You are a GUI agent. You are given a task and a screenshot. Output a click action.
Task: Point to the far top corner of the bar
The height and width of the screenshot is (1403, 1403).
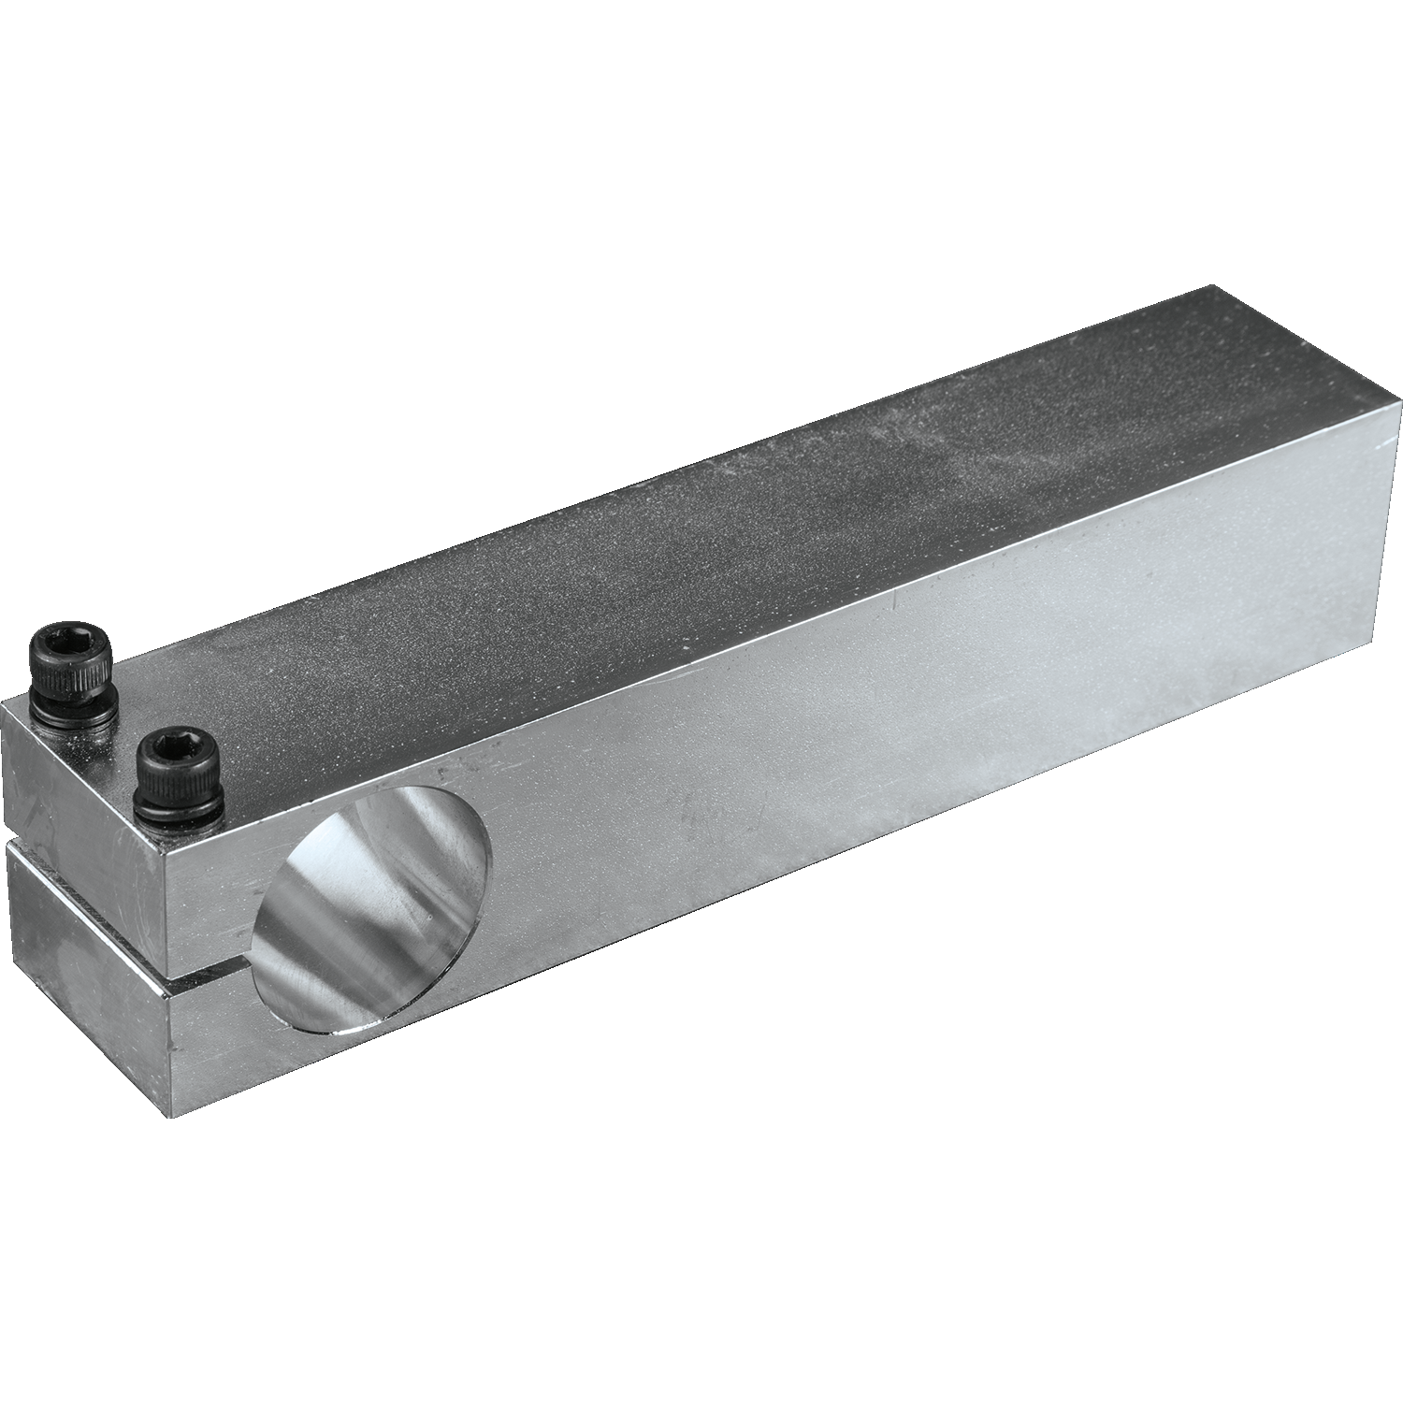pyautogui.click(x=1212, y=286)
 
